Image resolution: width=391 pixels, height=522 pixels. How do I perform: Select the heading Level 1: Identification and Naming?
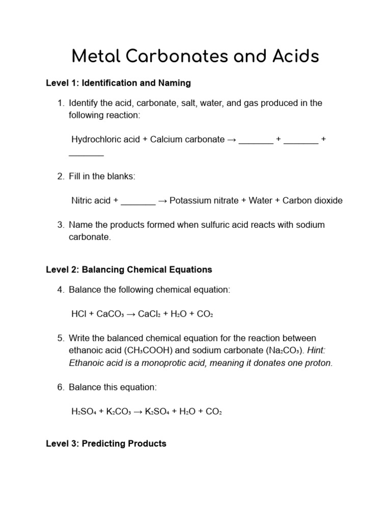tap(118, 83)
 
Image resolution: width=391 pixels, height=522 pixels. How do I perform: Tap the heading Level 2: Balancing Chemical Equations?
tap(129, 270)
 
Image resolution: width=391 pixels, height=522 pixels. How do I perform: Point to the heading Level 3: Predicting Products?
tap(106, 443)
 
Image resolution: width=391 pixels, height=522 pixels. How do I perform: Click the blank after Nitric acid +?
tap(138, 201)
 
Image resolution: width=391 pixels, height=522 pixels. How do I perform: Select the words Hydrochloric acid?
tap(105, 139)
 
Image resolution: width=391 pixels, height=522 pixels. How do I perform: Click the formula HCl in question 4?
tap(79, 314)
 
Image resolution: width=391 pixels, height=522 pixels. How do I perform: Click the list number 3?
tap(61, 225)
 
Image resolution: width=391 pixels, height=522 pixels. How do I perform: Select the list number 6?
tap(61, 387)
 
